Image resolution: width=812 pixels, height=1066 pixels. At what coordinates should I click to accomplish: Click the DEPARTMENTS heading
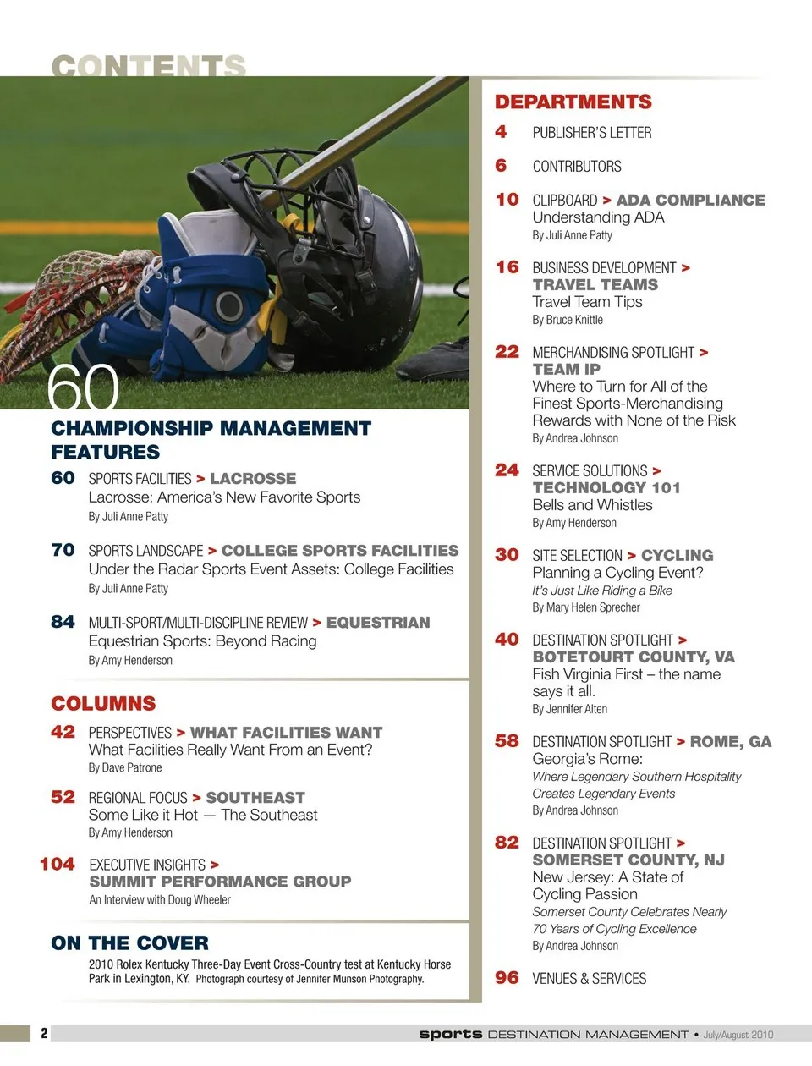(x=573, y=102)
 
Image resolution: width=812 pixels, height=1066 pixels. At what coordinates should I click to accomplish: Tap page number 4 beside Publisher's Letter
(x=501, y=132)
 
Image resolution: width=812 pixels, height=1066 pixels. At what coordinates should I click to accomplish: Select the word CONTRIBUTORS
(x=576, y=167)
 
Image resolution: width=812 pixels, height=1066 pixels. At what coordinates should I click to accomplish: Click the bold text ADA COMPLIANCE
(x=690, y=201)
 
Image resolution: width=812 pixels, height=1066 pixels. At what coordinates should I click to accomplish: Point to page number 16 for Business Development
(x=507, y=267)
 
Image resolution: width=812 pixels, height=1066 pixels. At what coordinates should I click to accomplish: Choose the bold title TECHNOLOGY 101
(x=606, y=488)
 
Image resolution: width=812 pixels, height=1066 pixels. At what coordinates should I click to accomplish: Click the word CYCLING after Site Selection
(x=677, y=556)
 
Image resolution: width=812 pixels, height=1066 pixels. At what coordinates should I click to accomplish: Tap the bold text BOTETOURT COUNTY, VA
(x=633, y=657)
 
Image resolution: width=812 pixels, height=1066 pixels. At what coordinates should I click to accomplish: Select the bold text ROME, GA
(x=730, y=742)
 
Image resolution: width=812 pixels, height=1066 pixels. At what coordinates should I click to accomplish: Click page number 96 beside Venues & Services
(x=507, y=978)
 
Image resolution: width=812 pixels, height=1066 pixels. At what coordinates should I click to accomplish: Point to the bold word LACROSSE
(x=253, y=479)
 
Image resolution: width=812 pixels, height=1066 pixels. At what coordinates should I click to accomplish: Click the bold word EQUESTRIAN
(x=377, y=623)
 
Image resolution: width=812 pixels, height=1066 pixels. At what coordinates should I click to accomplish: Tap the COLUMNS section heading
(x=103, y=704)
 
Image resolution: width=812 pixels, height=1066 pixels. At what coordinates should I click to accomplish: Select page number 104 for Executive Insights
(x=57, y=864)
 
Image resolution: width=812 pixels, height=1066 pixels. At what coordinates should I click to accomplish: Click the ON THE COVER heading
(x=129, y=943)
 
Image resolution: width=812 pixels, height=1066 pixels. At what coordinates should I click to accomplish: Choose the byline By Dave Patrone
(x=125, y=768)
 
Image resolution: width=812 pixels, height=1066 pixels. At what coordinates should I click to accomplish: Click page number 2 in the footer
(x=44, y=1033)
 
